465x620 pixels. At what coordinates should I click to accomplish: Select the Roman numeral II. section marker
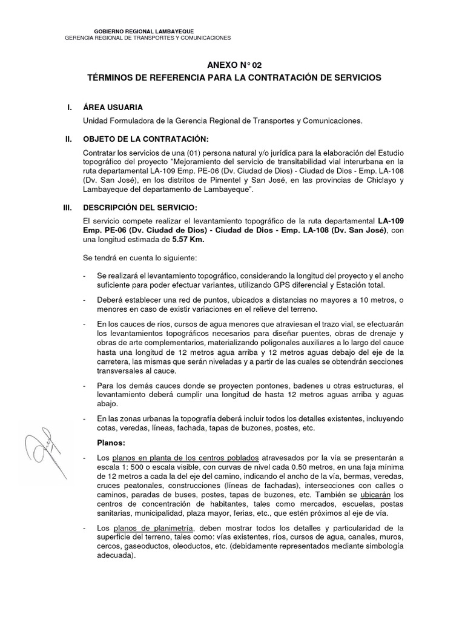pos(68,139)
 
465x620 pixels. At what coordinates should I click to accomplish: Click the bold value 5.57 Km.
pos(188,240)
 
